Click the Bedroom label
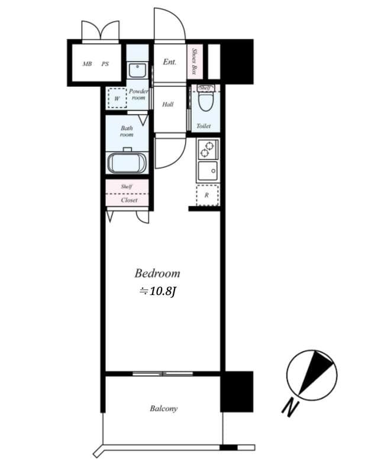(157, 274)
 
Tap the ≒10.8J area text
(157, 291)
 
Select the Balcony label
(163, 409)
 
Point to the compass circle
(312, 374)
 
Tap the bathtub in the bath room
(127, 162)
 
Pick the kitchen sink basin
(208, 172)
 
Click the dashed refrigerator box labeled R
(207, 195)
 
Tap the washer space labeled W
(117, 98)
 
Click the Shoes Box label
(195, 61)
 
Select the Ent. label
(169, 61)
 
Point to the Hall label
(168, 105)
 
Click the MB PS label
(96, 64)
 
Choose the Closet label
(128, 200)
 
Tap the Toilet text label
(204, 126)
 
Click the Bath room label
(127, 131)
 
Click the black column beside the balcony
(237, 391)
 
